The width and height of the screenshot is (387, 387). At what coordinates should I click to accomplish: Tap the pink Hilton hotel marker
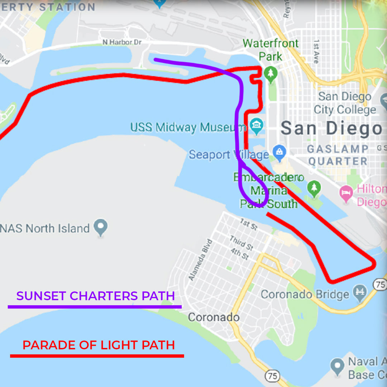(x=346, y=194)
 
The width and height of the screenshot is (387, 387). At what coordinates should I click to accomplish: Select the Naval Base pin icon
(x=337, y=366)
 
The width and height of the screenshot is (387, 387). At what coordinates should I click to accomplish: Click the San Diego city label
(x=331, y=128)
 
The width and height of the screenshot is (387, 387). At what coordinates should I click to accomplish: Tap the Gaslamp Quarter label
(x=338, y=155)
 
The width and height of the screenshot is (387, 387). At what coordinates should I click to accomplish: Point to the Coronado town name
(x=214, y=317)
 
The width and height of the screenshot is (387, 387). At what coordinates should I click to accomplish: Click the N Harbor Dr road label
(x=122, y=42)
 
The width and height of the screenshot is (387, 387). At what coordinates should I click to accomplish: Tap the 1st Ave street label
(x=316, y=52)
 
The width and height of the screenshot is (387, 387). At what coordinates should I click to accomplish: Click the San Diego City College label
(x=345, y=103)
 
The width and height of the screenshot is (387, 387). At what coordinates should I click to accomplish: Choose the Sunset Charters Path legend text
(x=95, y=296)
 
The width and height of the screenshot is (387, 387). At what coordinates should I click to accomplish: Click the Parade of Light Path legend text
(x=99, y=345)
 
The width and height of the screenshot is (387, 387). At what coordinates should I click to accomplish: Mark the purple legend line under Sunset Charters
(x=95, y=307)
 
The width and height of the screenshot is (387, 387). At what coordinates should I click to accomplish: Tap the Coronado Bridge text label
(x=305, y=295)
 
